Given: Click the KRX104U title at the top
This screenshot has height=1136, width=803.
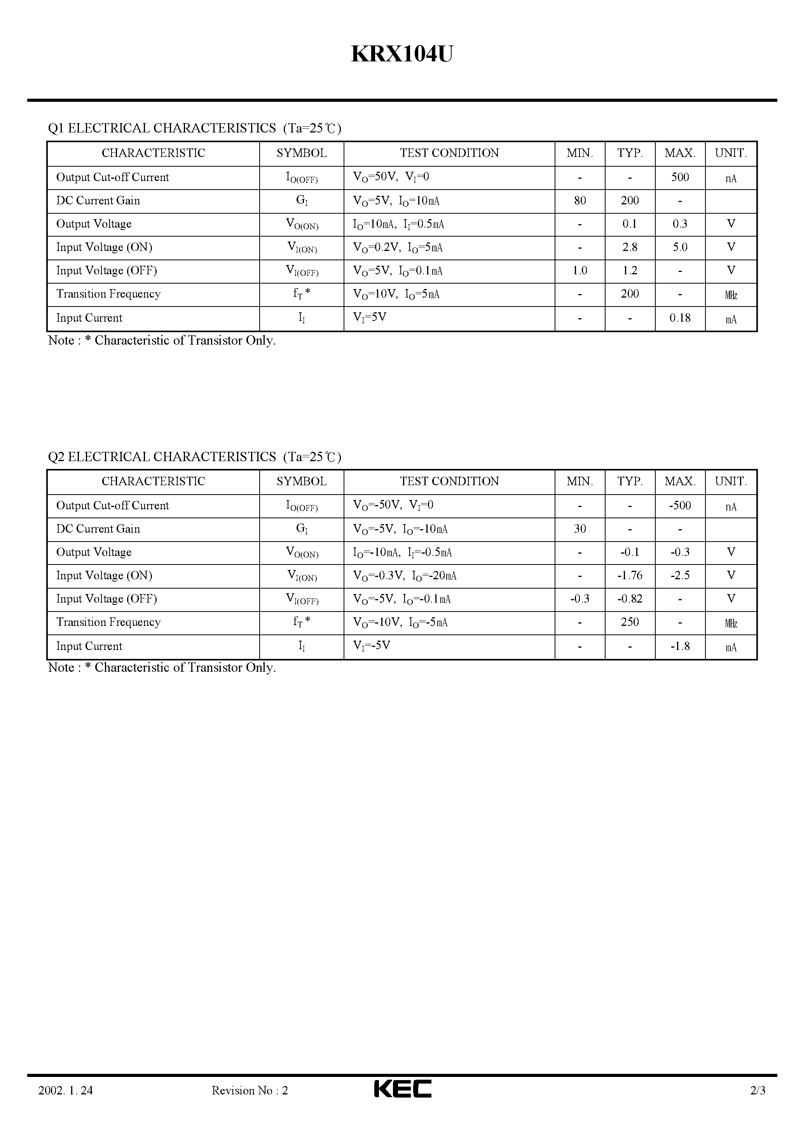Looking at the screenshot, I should coord(401,54).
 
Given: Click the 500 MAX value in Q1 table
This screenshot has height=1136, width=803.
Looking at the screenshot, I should coord(680,177).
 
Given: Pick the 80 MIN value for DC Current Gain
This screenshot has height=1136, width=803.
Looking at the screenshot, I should coord(580,200).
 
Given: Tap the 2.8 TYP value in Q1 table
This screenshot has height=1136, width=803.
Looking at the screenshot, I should coord(630,247).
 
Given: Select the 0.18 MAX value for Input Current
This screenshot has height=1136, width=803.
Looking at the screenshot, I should coord(680,318).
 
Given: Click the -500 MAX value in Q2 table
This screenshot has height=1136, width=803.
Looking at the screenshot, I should coord(680,505).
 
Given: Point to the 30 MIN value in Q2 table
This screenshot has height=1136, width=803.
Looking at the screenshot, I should coord(580,528).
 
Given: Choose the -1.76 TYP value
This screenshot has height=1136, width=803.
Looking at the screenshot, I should coord(630,575).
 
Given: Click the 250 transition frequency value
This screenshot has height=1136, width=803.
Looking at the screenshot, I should coord(630,622).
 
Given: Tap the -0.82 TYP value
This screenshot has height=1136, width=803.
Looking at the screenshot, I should coord(630,599).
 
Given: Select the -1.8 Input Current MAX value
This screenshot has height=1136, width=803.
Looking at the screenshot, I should coord(680,646).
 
